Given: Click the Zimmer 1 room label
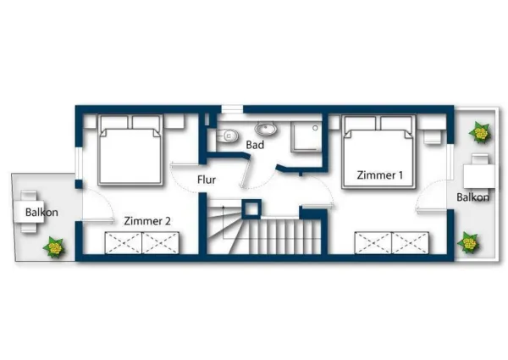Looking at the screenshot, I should click(x=379, y=175).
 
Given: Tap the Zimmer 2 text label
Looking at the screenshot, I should click(x=147, y=221).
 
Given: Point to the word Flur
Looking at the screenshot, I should click(x=207, y=180).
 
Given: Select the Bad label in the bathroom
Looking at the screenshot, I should click(x=255, y=146).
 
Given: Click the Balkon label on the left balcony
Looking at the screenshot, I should click(x=41, y=212).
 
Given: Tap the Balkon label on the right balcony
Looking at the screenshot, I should click(x=472, y=197).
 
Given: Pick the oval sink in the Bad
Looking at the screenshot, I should click(x=266, y=130).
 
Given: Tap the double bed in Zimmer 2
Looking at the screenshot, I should click(x=130, y=150).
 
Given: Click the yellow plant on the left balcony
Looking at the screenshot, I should click(x=55, y=247).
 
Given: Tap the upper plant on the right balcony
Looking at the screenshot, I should click(x=480, y=132).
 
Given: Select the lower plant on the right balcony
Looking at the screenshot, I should click(x=468, y=244).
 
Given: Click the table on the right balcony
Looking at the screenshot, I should click(x=479, y=173).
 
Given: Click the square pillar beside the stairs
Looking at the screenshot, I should click(x=251, y=209).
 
